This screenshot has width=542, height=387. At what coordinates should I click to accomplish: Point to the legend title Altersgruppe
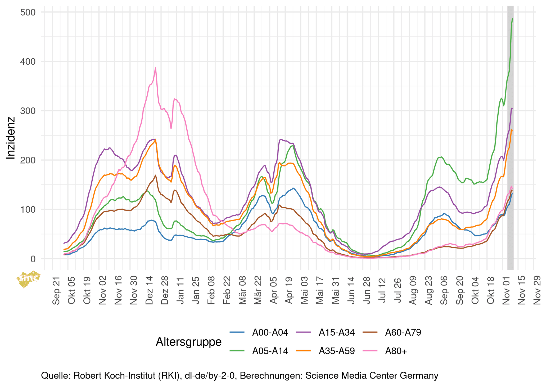(188, 342)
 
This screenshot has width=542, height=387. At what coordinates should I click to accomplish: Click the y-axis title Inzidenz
(11, 138)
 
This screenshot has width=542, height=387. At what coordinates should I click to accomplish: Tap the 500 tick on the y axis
(28, 12)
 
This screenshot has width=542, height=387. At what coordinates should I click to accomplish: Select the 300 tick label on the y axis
(28, 111)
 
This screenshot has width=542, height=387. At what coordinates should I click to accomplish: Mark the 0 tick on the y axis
(33, 259)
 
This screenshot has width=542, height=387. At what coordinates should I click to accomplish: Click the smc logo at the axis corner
(28, 279)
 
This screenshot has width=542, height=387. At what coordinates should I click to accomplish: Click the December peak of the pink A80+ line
(155, 68)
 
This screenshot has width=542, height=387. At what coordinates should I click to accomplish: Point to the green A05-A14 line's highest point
(512, 18)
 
